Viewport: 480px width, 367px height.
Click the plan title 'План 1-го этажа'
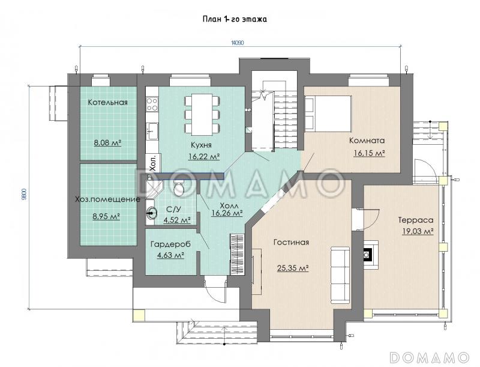235,19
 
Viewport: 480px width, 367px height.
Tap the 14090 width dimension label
238,43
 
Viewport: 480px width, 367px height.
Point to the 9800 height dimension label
25,194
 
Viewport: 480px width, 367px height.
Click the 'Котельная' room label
108,102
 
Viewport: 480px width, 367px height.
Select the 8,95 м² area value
106,216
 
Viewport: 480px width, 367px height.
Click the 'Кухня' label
201,145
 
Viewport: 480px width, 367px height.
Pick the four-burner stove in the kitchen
152,104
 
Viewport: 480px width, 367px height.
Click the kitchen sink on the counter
152,131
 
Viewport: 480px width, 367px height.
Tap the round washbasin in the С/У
152,212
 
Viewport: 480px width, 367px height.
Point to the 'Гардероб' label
170,244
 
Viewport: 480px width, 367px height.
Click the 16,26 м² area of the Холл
227,213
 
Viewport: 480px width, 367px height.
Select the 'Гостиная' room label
291,242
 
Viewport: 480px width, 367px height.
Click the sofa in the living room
340,274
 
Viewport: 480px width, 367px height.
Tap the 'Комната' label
367,141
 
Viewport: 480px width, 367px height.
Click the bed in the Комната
328,113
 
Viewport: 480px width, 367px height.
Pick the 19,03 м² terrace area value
418,231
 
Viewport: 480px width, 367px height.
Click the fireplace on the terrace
370,251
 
